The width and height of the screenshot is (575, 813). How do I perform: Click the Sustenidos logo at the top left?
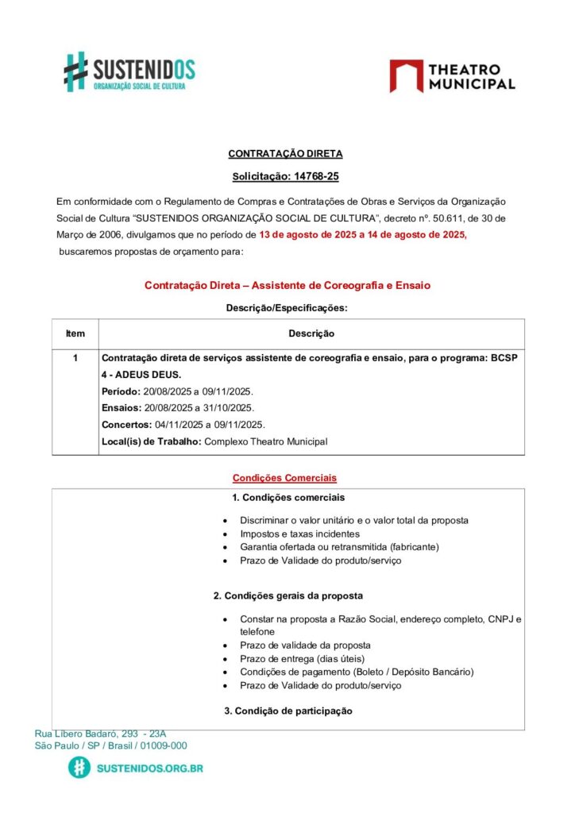coord(129,71)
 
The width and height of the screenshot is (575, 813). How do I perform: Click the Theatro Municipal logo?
coord(452,76)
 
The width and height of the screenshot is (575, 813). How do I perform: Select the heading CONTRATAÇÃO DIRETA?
coord(285,153)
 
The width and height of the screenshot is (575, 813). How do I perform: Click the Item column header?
coord(75,333)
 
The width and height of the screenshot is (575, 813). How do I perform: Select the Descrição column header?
coord(311,333)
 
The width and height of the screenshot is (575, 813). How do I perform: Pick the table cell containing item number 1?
coord(75,358)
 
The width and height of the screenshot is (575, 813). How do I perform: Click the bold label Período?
coord(121,391)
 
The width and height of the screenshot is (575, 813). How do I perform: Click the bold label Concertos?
coord(127,425)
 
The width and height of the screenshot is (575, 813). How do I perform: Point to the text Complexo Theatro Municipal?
coord(265,441)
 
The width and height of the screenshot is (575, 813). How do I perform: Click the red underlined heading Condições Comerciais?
coord(284,478)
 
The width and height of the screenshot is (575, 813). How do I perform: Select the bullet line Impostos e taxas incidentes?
coord(299,534)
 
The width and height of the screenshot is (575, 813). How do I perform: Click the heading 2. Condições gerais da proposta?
coord(288,595)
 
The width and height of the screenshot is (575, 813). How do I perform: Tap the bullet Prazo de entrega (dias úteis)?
coord(302,658)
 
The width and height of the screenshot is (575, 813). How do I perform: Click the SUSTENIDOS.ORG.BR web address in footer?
coord(149,769)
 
